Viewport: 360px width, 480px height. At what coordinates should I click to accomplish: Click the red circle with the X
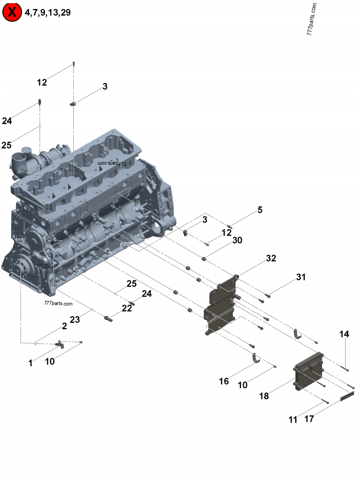(12, 12)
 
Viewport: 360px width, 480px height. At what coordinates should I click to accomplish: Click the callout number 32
(271, 258)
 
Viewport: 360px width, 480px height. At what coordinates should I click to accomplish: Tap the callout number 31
(301, 277)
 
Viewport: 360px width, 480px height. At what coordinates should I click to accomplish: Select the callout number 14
(344, 334)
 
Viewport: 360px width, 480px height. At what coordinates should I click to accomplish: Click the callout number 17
(309, 419)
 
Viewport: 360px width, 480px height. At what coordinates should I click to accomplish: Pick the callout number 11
(293, 420)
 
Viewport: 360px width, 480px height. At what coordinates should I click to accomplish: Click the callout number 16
(224, 381)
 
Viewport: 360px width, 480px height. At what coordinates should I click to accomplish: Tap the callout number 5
(260, 210)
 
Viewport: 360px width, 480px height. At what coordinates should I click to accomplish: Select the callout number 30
(237, 240)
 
